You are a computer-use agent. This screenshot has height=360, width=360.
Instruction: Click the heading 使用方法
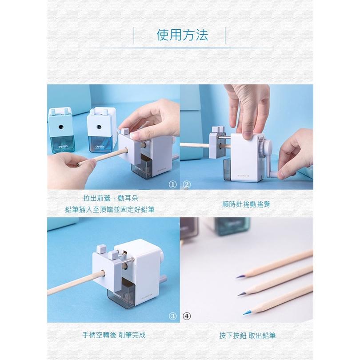click(182, 35)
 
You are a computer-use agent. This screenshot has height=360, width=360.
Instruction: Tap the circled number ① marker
click(173, 184)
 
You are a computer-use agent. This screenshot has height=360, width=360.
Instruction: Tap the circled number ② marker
click(187, 184)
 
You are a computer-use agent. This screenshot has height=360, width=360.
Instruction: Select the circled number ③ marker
click(173, 316)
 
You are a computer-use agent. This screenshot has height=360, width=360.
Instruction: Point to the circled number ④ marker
click(187, 316)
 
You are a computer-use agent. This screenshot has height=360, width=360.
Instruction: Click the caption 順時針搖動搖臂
click(246, 204)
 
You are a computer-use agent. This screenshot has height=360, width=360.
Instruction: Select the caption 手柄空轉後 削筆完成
click(114, 336)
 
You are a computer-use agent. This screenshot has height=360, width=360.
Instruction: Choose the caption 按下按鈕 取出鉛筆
click(247, 336)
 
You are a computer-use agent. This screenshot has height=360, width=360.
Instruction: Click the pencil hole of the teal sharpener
click(60, 127)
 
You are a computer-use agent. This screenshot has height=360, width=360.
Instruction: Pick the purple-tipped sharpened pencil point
click(240, 276)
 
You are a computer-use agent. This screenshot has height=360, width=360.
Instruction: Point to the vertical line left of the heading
click(134, 35)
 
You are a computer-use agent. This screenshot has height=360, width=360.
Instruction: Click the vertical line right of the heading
click(225, 35)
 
